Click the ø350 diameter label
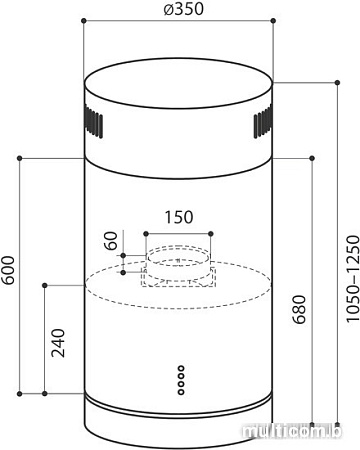pyautogui.click(x=183, y=9)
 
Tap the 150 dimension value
pyautogui.click(x=179, y=217)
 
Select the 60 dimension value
pyautogui.click(x=111, y=241)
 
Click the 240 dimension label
pyautogui.click(x=58, y=343)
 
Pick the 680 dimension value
pyautogui.click(x=299, y=309)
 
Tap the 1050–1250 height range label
pyautogui.click(x=353, y=279)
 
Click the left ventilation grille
pyautogui.click(x=93, y=122)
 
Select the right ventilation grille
pyautogui.click(x=263, y=122)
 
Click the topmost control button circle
pyautogui.click(x=181, y=368)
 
